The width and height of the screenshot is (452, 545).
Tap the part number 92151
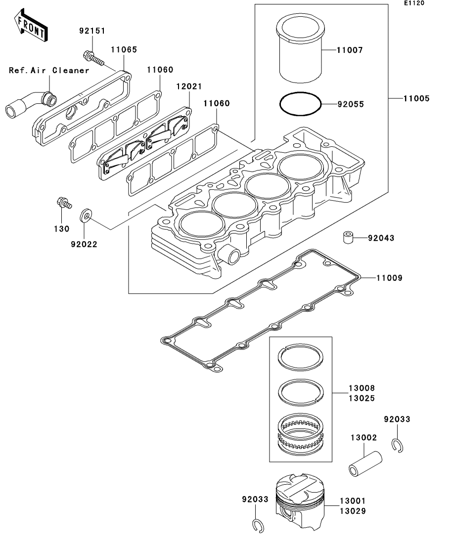pos(92,31)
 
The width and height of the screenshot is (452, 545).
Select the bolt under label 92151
pos(94,58)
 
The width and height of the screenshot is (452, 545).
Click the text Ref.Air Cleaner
pos(49,70)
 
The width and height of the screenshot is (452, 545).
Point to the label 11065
pos(124,49)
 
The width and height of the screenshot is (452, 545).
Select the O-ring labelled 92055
pos(300,105)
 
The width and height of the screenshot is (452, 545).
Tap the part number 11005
pos(416,98)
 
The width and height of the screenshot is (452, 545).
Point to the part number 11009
pos(389,278)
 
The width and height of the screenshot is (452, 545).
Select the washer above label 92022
pos(85,215)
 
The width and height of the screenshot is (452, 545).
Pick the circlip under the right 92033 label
pos(399,445)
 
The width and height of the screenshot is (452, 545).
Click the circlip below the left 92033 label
pos(257,526)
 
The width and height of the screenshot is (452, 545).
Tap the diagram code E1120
pos(414,3)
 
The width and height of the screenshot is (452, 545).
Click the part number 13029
pos(353,511)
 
